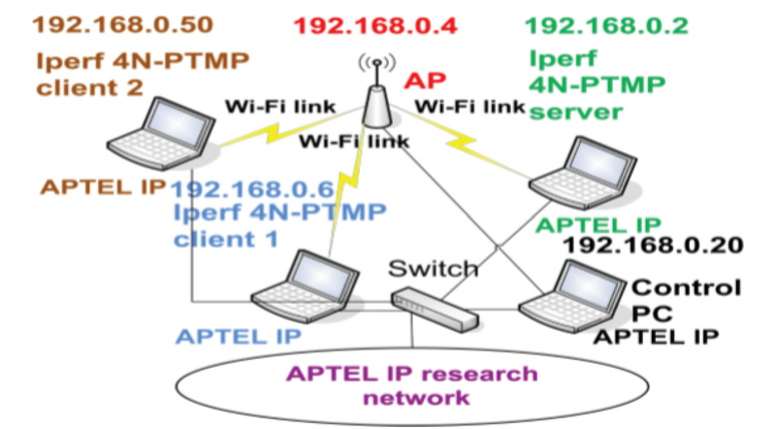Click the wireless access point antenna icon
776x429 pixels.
(377, 96)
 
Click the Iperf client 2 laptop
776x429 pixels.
(166, 136)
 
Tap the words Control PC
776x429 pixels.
(685, 300)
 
